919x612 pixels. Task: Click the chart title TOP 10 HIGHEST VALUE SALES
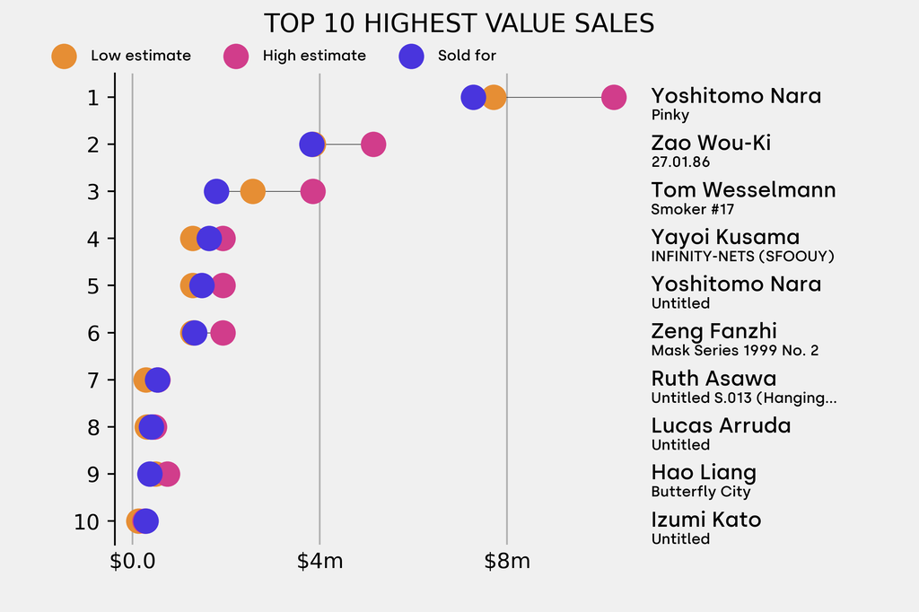click(459, 23)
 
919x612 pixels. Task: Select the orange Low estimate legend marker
click(64, 56)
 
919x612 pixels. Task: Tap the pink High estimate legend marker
click(236, 56)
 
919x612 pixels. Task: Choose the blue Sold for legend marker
click(411, 56)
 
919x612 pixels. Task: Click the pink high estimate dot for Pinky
click(613, 97)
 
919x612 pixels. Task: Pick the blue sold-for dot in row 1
click(473, 97)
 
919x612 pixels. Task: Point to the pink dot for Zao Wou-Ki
click(373, 144)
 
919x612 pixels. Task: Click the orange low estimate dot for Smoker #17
click(253, 191)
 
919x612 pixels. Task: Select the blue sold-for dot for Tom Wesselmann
click(215, 191)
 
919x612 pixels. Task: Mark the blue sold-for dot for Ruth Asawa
click(157, 380)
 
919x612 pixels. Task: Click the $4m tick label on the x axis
click(319, 563)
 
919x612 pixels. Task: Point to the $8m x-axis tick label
click(507, 563)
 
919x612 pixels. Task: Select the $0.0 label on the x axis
click(132, 563)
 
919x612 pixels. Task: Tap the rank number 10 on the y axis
click(88, 521)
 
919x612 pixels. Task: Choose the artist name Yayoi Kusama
click(725, 237)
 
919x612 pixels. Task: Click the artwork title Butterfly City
click(701, 492)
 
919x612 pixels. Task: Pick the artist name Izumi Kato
click(705, 520)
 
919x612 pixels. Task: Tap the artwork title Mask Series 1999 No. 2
click(735, 350)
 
